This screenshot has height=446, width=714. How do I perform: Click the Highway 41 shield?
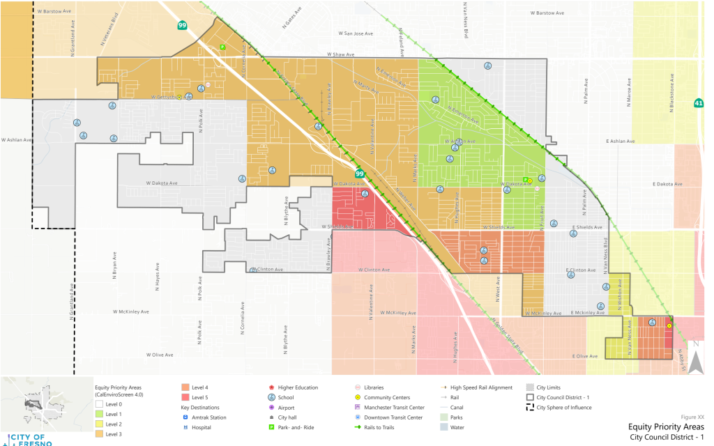tap(699, 104)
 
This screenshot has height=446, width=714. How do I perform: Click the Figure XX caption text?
tap(690, 416)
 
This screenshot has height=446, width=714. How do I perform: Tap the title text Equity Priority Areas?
tap(665, 426)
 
